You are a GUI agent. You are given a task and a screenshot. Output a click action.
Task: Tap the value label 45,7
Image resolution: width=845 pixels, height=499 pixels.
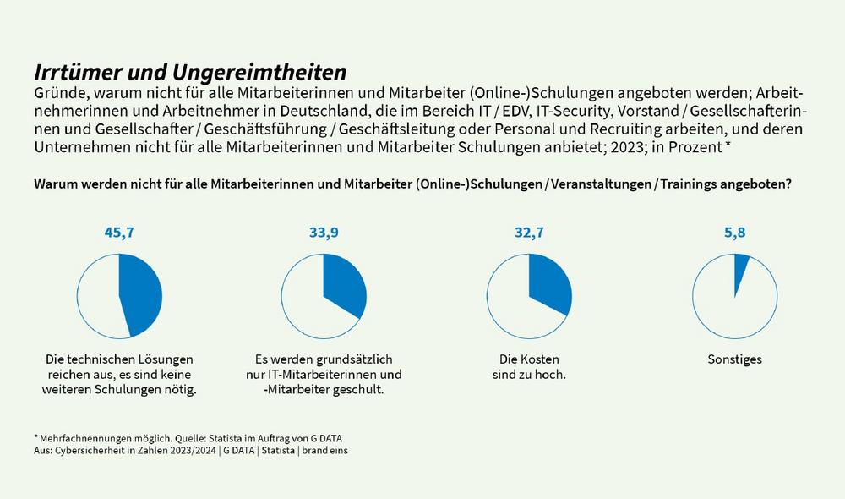[119, 233]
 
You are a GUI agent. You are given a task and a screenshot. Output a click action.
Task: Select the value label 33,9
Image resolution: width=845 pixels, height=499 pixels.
[324, 233]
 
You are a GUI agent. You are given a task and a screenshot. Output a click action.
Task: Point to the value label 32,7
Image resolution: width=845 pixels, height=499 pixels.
[529, 233]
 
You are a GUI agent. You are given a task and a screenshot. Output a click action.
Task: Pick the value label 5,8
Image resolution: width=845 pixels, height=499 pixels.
[734, 233]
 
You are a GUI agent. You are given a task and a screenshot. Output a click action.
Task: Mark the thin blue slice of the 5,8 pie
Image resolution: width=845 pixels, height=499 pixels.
[741, 266]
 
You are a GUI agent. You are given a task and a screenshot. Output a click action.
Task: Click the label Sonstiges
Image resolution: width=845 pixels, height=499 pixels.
[734, 359]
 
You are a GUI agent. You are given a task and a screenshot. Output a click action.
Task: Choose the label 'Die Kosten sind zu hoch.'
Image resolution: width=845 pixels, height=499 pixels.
[529, 366]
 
